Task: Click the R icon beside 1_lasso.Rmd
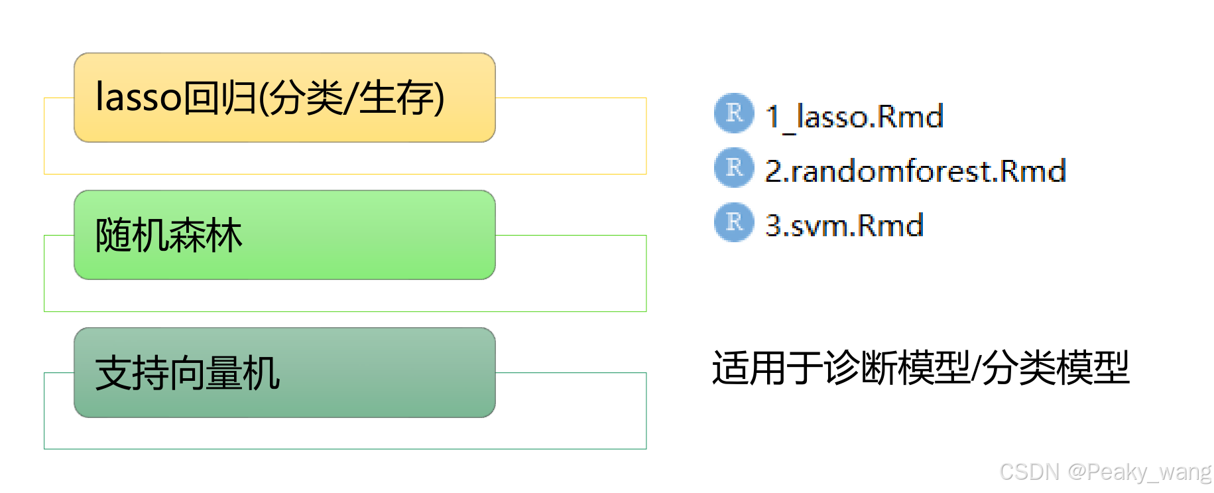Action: click(x=734, y=113)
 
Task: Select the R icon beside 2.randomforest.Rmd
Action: click(x=734, y=167)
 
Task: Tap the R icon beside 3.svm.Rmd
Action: click(x=734, y=222)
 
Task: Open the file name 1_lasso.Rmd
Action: click(x=854, y=117)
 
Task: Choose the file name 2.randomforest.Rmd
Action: click(x=915, y=171)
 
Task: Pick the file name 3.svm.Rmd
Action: click(x=844, y=226)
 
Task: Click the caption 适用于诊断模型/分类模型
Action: click(x=920, y=368)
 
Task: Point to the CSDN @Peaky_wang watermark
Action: click(x=1105, y=472)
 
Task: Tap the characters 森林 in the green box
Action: click(x=206, y=236)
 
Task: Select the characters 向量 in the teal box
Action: click(x=206, y=373)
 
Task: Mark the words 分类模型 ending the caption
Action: click(x=1055, y=368)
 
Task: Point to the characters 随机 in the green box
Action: click(x=132, y=236)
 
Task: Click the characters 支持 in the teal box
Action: click(x=132, y=373)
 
